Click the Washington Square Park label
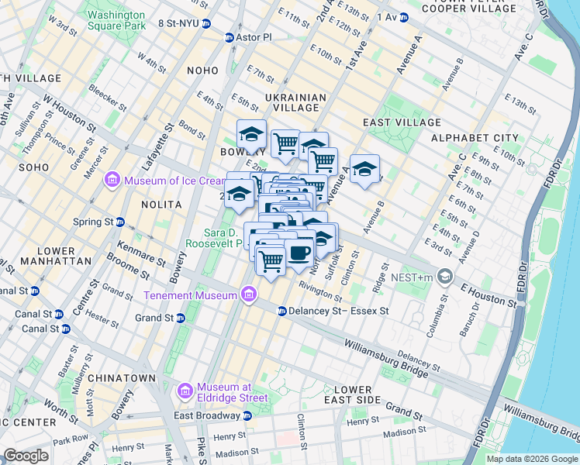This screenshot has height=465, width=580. click(x=116, y=20)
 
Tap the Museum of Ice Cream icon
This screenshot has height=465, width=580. click(x=113, y=181)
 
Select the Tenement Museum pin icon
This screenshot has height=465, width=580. click(x=248, y=294)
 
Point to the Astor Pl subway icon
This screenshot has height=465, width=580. click(x=230, y=37)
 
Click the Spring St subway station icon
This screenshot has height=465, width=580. click(x=120, y=222)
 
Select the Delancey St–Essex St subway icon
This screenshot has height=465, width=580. click(x=281, y=311)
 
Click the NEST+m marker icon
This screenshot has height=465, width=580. click(x=444, y=276)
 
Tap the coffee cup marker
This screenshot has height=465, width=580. click(x=299, y=251)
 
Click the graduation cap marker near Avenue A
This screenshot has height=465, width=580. click(x=364, y=169)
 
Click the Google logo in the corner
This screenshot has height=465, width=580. click(x=26, y=456)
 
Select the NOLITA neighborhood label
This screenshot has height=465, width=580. click(x=162, y=205)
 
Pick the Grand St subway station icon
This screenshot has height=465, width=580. click(x=180, y=318)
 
